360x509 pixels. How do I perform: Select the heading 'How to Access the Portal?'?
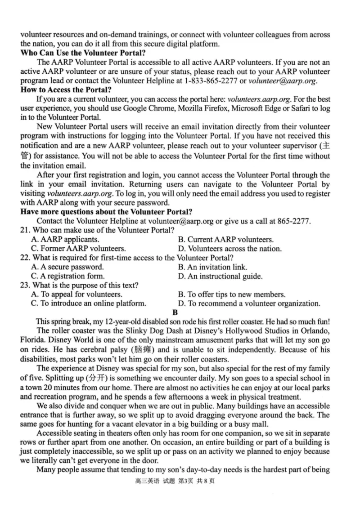coord(66,89)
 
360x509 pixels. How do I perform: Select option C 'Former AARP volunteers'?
coord(78,249)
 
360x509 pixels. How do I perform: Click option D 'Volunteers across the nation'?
coord(230,249)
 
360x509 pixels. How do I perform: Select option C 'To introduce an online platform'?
coord(89,304)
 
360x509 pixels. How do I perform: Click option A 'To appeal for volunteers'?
coord(76,295)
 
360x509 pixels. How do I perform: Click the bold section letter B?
coord(175,312)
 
